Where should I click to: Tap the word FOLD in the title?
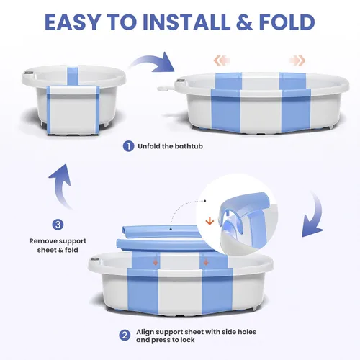[x=287, y=22]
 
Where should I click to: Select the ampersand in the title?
[x=244, y=22]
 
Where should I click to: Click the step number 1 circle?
[x=128, y=146]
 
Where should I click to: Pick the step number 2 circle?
[x=125, y=336]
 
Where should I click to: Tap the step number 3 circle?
[x=58, y=225]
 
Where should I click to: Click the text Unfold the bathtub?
[x=170, y=146]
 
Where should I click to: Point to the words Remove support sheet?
[x=58, y=246]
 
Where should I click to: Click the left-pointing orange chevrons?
[x=222, y=60]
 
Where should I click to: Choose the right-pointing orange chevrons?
[x=297, y=60]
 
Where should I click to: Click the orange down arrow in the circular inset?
[x=210, y=221]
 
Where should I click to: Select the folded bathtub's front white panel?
[x=73, y=109]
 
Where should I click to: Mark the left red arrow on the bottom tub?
[x=156, y=262]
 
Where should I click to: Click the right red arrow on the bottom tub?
[x=206, y=262]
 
